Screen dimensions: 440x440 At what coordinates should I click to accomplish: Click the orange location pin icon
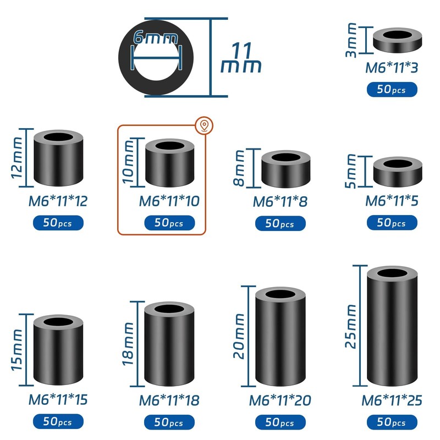[204, 125]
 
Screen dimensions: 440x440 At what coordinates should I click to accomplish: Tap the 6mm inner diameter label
[156, 37]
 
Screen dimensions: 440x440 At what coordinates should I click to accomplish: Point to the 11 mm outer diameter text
[241, 58]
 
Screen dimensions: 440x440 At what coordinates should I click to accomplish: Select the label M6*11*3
[392, 68]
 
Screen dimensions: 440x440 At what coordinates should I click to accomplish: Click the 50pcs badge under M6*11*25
[392, 422]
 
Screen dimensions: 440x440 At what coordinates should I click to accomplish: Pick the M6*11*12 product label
[58, 201]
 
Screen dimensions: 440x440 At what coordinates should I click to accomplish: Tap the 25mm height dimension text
[351, 326]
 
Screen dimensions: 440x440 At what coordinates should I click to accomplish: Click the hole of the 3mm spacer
[397, 35]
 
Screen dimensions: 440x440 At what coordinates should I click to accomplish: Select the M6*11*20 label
[280, 400]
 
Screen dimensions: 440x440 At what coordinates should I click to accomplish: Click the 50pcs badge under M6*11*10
[169, 223]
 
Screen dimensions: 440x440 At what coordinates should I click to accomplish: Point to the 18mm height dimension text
[128, 344]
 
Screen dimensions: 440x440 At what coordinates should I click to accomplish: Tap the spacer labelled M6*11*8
[286, 169]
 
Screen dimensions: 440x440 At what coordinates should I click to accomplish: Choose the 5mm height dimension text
[351, 171]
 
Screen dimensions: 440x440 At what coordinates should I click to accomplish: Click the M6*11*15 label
[58, 399]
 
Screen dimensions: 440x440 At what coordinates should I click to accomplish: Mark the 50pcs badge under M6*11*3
[392, 90]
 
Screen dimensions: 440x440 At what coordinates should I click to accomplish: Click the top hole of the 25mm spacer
[392, 273]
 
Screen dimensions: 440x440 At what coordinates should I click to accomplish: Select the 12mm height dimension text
[16, 158]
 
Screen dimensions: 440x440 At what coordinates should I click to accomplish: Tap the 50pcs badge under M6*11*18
[169, 422]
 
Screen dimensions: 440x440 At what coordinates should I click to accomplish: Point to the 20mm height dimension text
[239, 336]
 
